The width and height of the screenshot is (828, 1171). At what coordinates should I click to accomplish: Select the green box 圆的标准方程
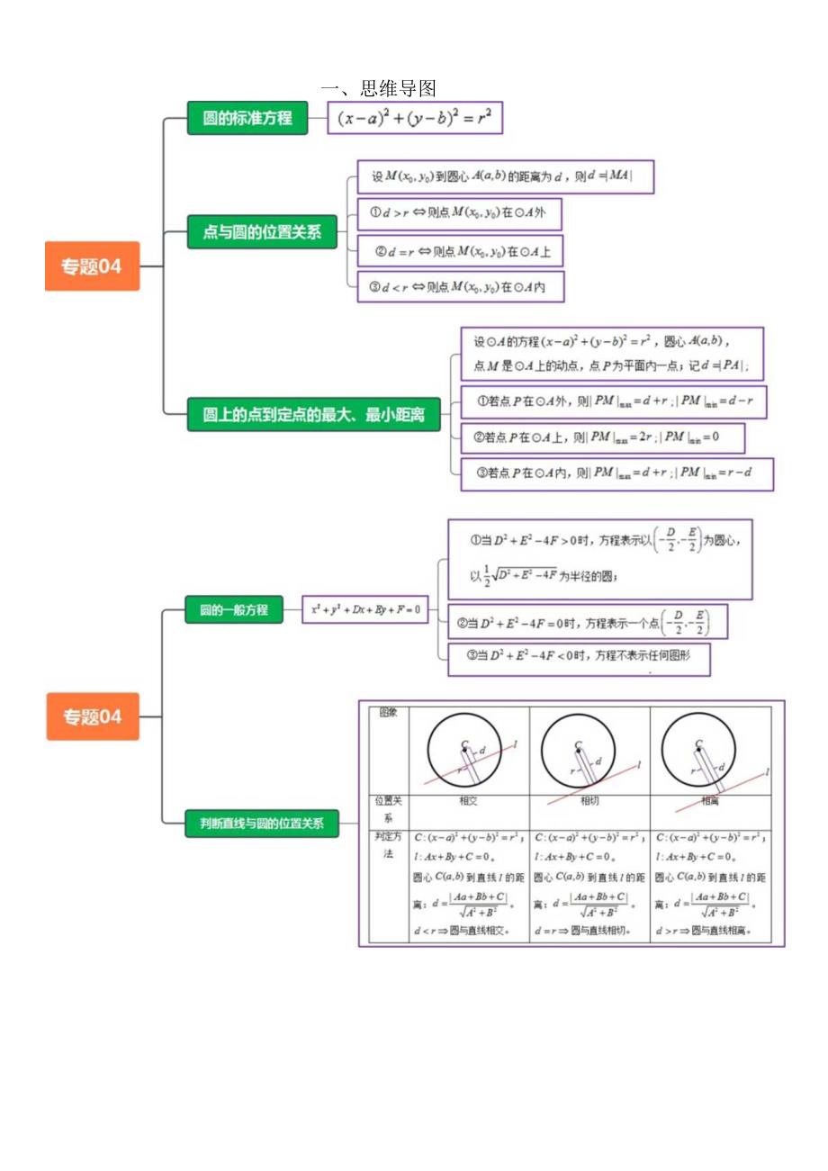246,118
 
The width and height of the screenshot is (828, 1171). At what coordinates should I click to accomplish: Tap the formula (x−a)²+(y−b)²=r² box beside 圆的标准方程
415,118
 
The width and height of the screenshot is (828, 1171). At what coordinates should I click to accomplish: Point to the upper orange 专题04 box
92,266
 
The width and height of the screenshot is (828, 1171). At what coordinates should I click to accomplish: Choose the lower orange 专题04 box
93,716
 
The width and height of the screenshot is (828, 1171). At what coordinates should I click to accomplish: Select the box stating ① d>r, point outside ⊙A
459,214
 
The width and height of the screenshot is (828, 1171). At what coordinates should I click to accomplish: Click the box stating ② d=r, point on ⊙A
460,251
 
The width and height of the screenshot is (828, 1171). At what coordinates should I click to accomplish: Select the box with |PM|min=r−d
616,473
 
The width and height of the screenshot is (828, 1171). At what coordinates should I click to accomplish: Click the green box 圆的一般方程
233,609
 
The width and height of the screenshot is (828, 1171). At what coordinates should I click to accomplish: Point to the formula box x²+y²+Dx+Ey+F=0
365,609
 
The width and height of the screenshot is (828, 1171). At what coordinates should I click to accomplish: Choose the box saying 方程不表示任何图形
579,656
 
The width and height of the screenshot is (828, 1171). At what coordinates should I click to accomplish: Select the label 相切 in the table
589,799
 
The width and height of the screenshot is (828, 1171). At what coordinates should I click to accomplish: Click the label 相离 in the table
710,799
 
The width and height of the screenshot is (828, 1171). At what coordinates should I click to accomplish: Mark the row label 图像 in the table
389,712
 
